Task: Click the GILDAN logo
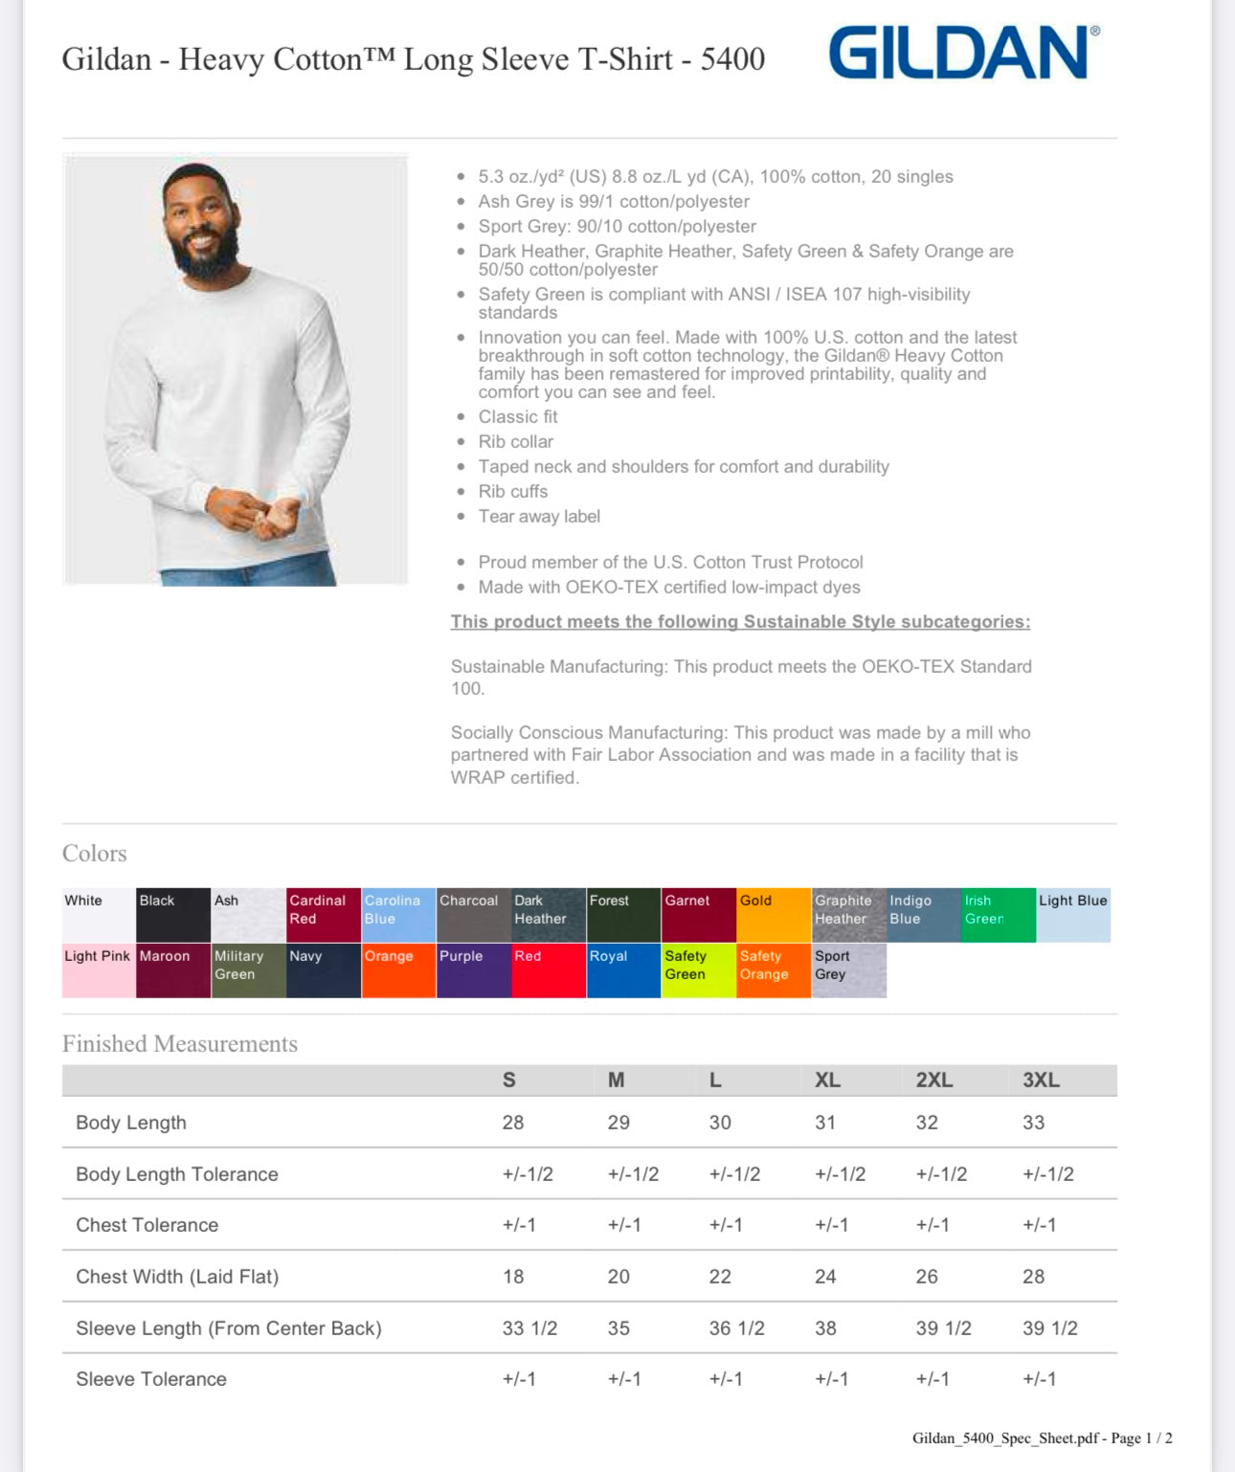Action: coord(962,53)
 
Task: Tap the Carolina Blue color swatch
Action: coord(398,915)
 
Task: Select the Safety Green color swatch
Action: coord(698,970)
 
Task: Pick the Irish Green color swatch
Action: coord(998,915)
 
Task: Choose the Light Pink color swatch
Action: coord(99,970)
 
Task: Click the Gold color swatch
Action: coord(774,915)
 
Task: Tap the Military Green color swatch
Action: coord(248,970)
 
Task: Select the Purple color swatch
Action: coord(473,970)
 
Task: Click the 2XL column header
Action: coord(933,1080)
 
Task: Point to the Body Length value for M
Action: coord(618,1123)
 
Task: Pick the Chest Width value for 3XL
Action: coord(1033,1277)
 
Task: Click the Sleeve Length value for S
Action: coord(529,1328)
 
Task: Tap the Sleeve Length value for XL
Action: coord(825,1328)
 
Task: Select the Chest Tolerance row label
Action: coord(147,1225)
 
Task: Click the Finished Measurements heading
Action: coord(180,1043)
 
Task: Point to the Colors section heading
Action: coord(95,853)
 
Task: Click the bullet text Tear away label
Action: coord(539,517)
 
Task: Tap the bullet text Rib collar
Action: coord(515,442)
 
